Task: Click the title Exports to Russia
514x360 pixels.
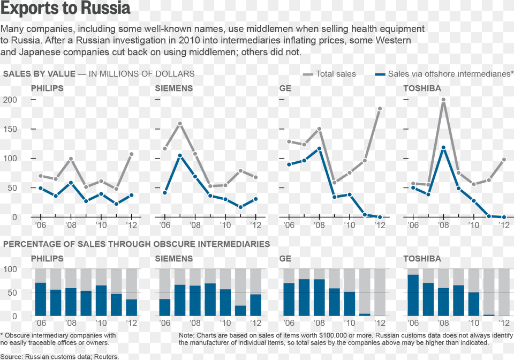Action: click(x=65, y=9)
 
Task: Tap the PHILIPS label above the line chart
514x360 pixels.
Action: click(x=47, y=88)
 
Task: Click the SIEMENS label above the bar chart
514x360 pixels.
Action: click(x=174, y=259)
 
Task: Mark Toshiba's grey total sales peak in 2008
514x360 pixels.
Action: click(x=443, y=100)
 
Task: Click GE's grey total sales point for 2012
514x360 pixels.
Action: click(x=380, y=109)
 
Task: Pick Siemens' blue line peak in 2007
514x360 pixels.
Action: click(x=180, y=155)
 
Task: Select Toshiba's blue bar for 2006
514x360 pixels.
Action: click(x=413, y=295)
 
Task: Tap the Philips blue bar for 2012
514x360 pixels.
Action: click(x=132, y=307)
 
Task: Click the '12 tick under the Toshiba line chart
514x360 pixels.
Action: click(x=504, y=225)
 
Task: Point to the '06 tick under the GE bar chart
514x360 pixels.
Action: click(x=289, y=323)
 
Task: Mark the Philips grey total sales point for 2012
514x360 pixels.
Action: click(x=131, y=154)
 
